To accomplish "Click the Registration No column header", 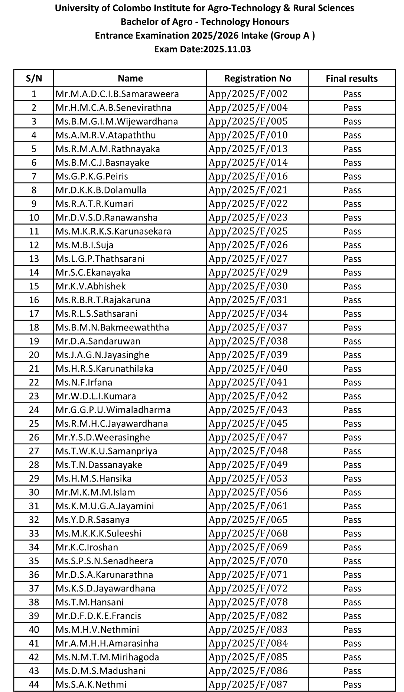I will tap(257, 78).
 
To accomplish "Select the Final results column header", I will tap(352, 78).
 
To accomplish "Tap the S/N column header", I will tap(34, 78).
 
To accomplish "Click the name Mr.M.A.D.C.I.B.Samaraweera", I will tap(117, 94).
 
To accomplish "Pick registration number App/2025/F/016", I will tap(248, 176).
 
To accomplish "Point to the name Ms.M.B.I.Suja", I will tap(84, 245).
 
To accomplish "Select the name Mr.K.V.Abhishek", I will tap(91, 286).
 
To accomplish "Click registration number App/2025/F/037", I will tap(248, 327).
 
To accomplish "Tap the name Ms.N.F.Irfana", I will tap(84, 382).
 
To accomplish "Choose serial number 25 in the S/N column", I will tap(34, 424).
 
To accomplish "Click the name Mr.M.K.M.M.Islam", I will tap(95, 492).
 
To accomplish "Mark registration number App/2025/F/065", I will tap(248, 520).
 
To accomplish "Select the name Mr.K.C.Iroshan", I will tap(87, 547).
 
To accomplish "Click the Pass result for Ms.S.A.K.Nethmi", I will tap(352, 685).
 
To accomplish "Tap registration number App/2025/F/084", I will tap(248, 643).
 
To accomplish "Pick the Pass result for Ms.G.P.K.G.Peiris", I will tap(352, 176).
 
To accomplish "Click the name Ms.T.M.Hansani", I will tap(89, 602).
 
